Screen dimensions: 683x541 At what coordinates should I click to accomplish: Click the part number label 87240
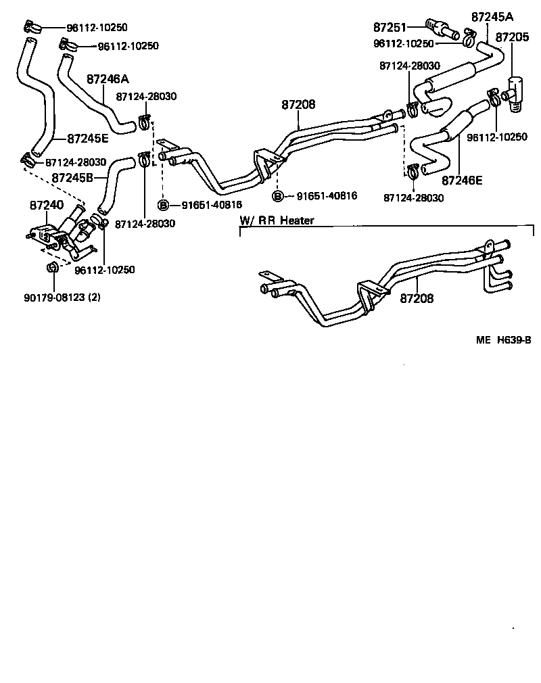(46, 204)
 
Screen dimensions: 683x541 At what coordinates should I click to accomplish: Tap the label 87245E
(87, 139)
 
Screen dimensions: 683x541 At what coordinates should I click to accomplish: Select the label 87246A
(108, 78)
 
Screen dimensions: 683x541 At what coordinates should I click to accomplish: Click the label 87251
(390, 27)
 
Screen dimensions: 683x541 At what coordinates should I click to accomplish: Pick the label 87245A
(492, 16)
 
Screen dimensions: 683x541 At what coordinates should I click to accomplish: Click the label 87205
(512, 37)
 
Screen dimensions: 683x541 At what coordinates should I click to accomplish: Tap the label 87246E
(463, 181)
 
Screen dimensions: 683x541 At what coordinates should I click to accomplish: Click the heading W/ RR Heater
(277, 220)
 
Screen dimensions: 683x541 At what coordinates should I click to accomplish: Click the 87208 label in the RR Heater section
(416, 298)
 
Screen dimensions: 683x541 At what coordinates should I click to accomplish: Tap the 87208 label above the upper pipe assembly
(299, 105)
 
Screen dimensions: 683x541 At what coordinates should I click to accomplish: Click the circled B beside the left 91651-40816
(163, 204)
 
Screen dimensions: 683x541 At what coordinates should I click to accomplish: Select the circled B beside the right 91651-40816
(278, 196)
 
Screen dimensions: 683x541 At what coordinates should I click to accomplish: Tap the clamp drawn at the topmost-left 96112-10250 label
(30, 27)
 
